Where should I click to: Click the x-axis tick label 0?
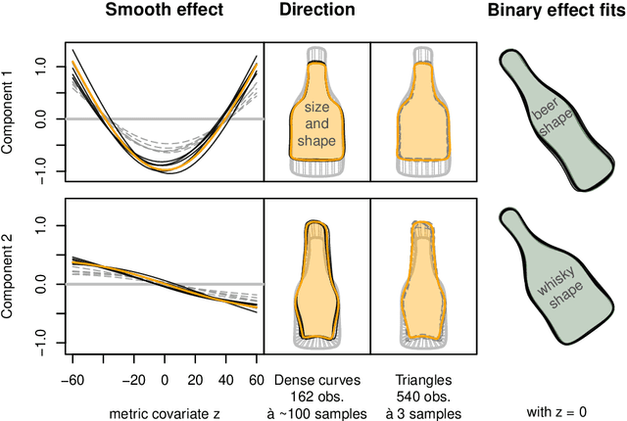(x=164, y=379)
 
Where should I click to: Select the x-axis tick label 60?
(x=257, y=379)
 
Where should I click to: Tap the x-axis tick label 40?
(x=225, y=379)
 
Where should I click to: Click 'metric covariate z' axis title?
(x=164, y=412)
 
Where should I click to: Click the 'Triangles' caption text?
(x=421, y=378)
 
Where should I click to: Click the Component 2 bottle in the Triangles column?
(x=421, y=279)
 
